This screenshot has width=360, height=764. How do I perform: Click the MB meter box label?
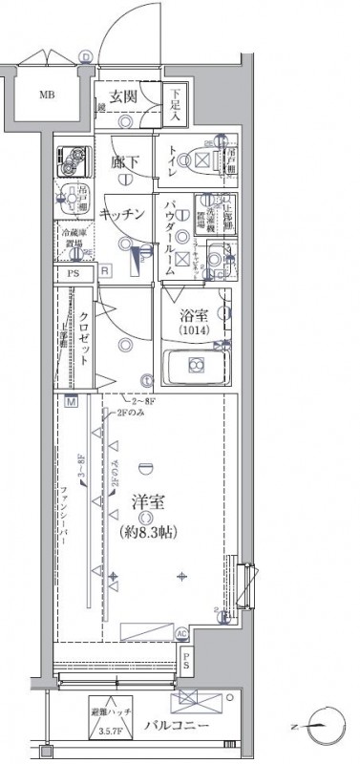(x=46, y=95)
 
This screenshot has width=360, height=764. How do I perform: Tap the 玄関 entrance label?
(x=125, y=96)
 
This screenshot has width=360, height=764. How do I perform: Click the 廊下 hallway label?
(x=122, y=161)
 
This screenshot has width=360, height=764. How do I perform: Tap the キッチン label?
(x=121, y=215)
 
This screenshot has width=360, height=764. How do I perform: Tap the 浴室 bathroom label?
(x=196, y=317)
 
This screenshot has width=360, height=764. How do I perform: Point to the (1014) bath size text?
(x=196, y=332)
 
